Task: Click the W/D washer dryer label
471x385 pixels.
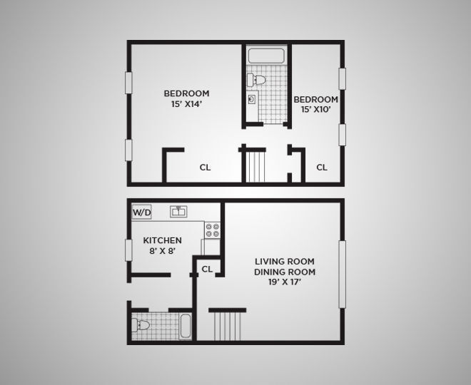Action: point(141,212)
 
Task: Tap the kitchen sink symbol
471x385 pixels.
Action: point(178,211)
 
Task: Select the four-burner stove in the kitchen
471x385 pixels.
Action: point(213,230)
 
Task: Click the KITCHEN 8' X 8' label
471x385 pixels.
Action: point(163,246)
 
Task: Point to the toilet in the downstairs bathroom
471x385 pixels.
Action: point(142,325)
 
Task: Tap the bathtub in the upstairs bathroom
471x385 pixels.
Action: point(266,56)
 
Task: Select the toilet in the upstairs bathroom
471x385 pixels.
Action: point(261,79)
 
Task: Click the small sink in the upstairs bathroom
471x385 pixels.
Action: point(252,99)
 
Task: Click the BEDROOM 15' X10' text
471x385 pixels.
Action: point(315,104)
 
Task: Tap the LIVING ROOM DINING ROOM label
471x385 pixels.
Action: point(285,267)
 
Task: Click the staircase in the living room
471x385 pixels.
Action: point(227,327)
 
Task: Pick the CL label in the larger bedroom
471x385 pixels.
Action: point(205,168)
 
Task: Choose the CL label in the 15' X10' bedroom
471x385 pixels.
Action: point(322,168)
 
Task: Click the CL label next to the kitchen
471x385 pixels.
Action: point(207,269)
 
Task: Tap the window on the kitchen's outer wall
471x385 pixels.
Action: point(128,251)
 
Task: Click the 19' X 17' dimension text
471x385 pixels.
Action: point(285,282)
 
